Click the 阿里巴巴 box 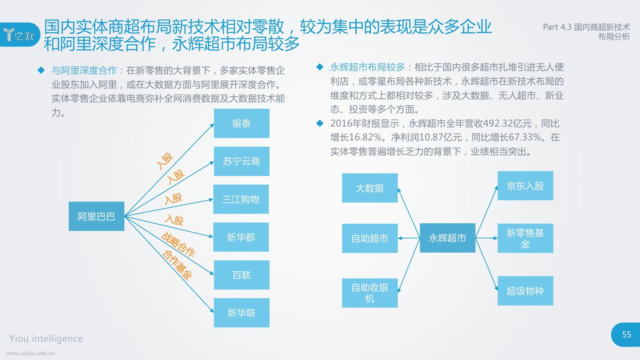[96, 216]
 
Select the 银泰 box [241, 123]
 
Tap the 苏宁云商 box [241, 161]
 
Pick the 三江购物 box [241, 199]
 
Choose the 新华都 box [241, 237]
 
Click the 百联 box [241, 275]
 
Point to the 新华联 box [241, 313]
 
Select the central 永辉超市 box [448, 238]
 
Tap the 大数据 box [370, 188]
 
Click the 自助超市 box [370, 238]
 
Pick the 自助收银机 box [370, 293]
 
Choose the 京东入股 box [525, 186]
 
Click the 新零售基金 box [525, 238]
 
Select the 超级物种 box [525, 291]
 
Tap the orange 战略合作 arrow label [178, 244]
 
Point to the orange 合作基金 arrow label [177, 265]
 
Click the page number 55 [627, 335]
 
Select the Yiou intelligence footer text [46, 339]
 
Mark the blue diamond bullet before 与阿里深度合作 [41, 70]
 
